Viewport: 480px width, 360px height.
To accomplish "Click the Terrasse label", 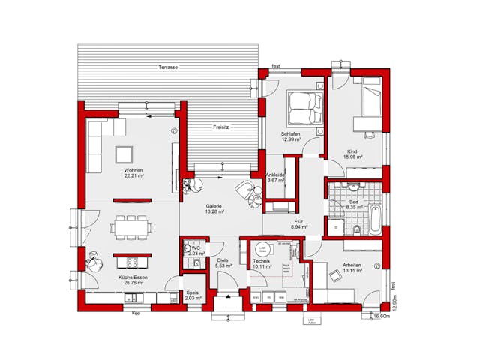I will coord(168,67).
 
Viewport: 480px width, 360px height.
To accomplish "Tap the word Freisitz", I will coord(220,127).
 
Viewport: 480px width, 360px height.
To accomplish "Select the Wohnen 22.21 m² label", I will coord(134,173).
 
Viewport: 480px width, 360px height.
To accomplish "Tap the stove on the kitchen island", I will coord(133,262).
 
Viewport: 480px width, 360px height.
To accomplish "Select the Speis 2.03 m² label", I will coord(193,295).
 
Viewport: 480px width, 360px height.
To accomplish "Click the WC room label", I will coord(195,250).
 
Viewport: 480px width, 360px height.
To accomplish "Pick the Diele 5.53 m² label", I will coord(223,263).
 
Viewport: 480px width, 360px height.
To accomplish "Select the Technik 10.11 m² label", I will coord(262,263).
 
